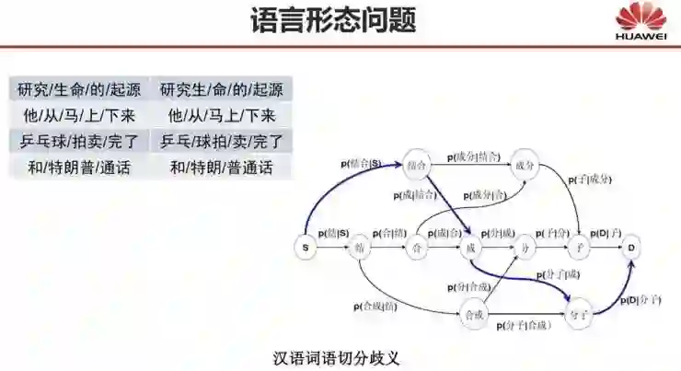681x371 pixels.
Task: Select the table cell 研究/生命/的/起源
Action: pyautogui.click(x=78, y=90)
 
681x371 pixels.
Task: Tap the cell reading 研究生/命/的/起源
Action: pyautogui.click(x=221, y=90)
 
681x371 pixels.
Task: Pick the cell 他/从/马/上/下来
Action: pyautogui.click(x=78, y=116)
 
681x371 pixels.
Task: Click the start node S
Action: pyautogui.click(x=306, y=248)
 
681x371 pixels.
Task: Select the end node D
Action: pyautogui.click(x=631, y=248)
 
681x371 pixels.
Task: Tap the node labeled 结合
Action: pyautogui.click(x=417, y=166)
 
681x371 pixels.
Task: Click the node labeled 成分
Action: pyautogui.click(x=525, y=166)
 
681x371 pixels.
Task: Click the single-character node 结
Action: pyautogui.click(x=361, y=248)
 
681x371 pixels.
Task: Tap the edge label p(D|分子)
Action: pyautogui.click(x=639, y=300)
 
